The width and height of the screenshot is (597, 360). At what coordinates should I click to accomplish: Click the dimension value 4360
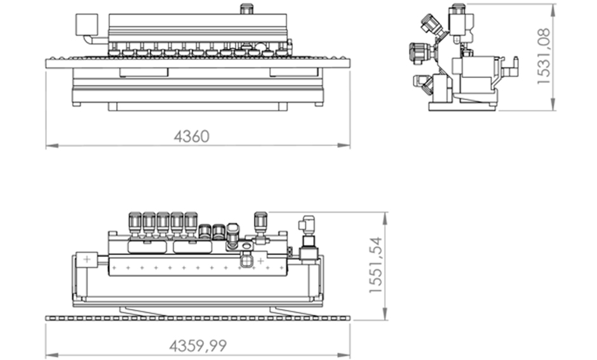(x=192, y=137)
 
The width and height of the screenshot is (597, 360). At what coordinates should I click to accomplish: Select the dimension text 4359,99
(x=198, y=346)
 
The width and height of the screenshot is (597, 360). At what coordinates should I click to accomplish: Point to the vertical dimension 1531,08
(x=544, y=57)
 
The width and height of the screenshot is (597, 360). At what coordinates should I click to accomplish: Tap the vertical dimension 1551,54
(x=375, y=265)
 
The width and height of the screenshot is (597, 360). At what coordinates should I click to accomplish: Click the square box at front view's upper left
(x=87, y=25)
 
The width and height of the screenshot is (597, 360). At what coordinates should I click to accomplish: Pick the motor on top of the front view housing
(x=246, y=9)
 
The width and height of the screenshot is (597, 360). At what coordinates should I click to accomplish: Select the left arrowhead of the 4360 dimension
(x=52, y=145)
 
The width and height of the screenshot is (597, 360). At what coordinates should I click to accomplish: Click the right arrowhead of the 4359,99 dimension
(x=344, y=355)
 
